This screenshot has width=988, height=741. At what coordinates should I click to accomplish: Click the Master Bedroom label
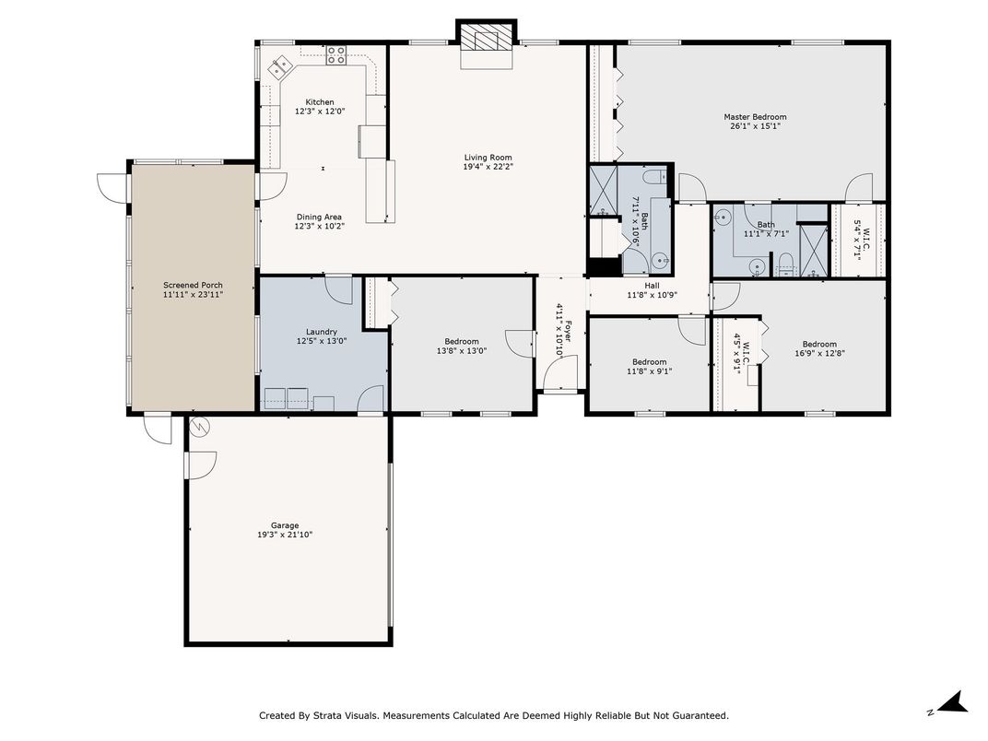(755, 116)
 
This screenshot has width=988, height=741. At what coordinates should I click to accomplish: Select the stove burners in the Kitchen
(335, 55)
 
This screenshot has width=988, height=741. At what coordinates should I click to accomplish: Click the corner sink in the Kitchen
(280, 66)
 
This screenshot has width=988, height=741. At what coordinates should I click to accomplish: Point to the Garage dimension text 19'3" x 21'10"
(285, 535)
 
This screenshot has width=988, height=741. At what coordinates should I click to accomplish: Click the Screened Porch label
(193, 285)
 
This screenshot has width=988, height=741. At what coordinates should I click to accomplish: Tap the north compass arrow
(954, 702)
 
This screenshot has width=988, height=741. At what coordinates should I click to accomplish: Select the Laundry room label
(322, 332)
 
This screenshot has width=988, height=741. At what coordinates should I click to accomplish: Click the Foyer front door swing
(560, 372)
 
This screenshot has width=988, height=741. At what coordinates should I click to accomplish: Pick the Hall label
(653, 286)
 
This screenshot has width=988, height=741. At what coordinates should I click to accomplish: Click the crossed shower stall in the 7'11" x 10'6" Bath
(603, 188)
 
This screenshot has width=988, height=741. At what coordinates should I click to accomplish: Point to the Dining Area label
(320, 217)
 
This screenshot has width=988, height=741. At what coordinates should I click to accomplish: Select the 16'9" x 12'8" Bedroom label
(819, 344)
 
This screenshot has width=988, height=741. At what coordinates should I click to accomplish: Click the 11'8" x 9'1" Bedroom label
(650, 361)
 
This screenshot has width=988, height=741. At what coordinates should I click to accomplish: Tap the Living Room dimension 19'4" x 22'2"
(488, 167)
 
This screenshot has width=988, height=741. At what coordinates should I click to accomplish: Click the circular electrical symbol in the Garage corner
(199, 428)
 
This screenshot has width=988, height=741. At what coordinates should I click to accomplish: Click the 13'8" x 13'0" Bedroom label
(462, 342)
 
